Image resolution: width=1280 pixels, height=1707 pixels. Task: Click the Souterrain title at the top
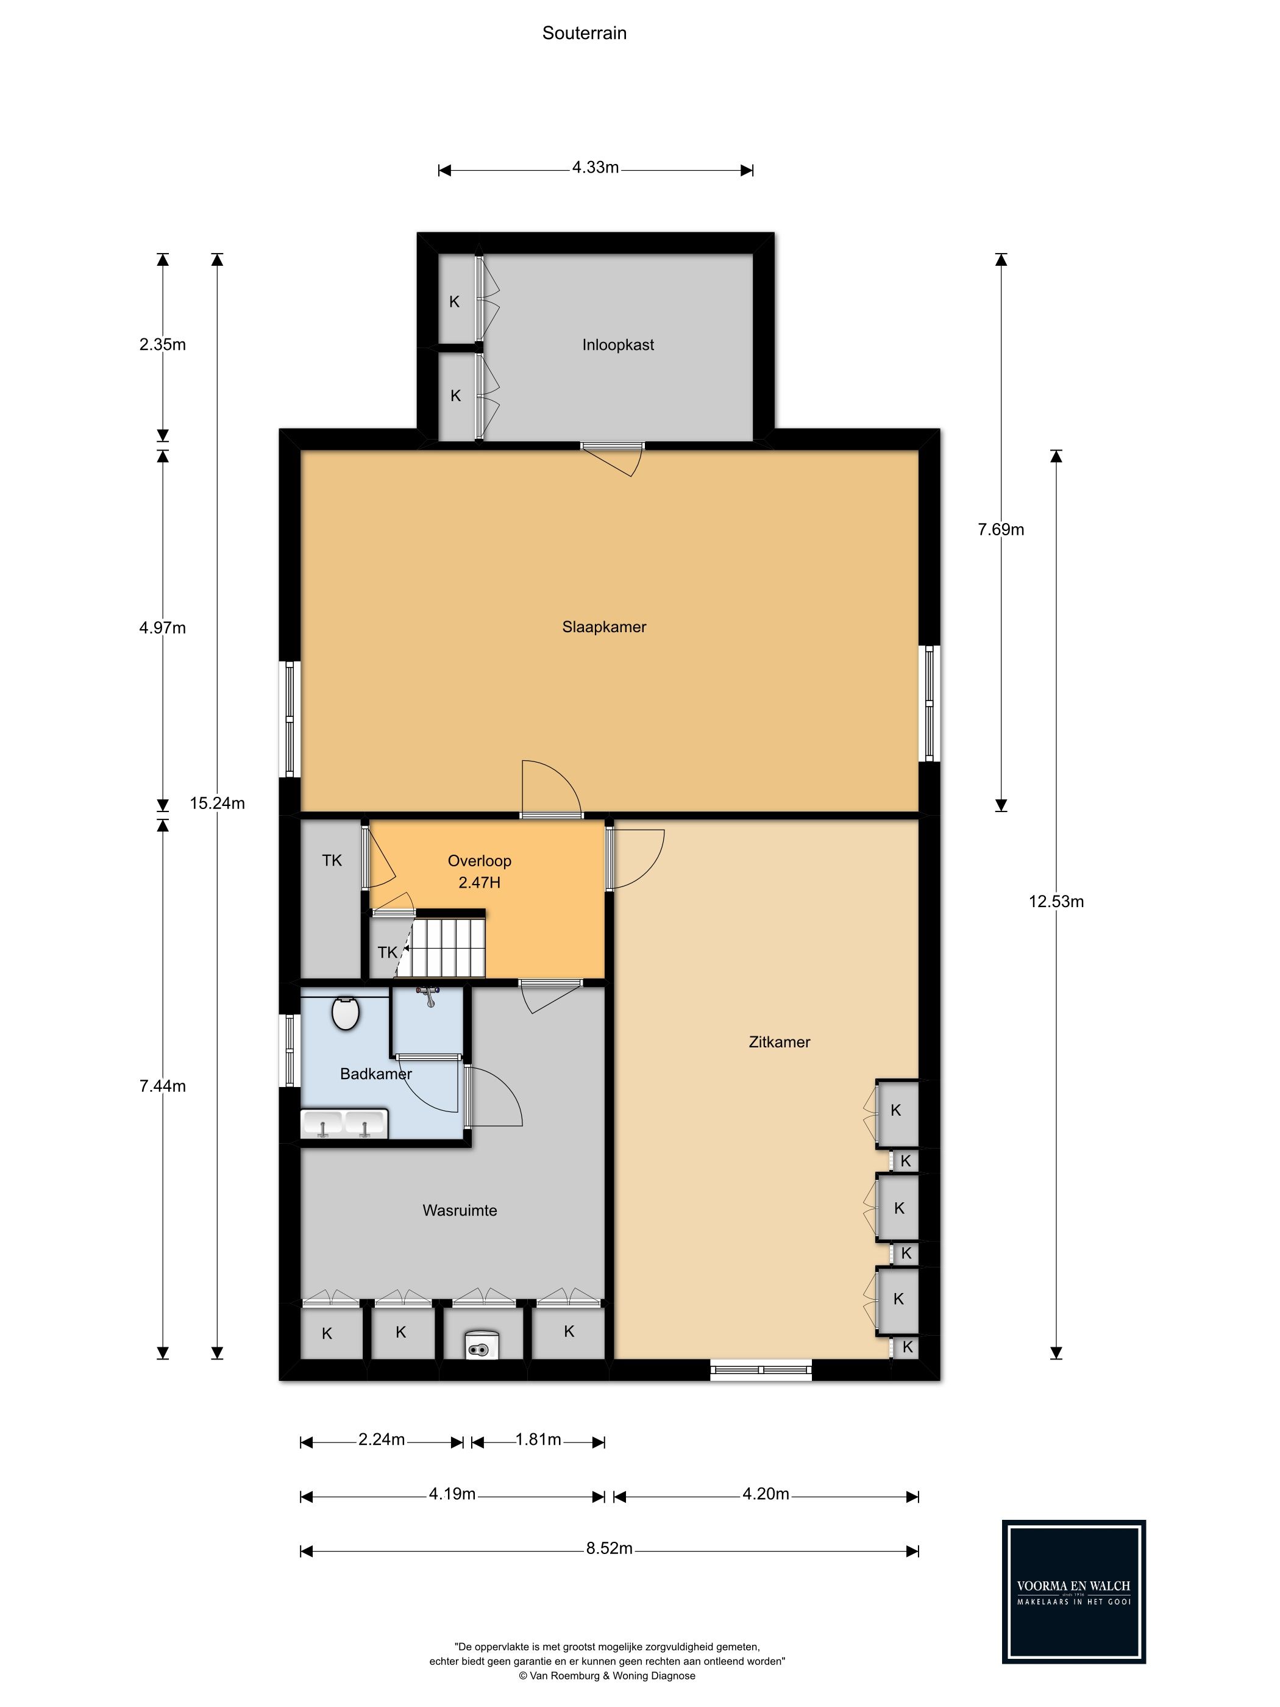(584, 33)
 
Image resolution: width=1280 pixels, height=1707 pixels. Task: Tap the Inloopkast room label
(618, 345)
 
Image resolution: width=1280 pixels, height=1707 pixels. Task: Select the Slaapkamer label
(604, 627)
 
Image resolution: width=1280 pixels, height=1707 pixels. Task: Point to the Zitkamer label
(779, 1042)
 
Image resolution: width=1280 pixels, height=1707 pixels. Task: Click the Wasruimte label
(460, 1210)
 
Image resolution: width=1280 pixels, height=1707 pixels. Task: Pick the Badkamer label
(375, 1074)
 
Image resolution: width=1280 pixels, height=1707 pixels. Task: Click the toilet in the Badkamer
(345, 1013)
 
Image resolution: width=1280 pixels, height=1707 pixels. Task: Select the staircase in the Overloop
(447, 947)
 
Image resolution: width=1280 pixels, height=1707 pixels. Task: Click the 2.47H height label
(479, 882)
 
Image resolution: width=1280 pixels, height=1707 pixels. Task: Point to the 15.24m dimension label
(218, 804)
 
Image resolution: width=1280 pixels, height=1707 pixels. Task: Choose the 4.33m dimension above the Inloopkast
(596, 168)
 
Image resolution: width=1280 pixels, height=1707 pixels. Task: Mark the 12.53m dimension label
(1056, 901)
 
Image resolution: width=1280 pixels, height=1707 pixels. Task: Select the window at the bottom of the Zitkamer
(761, 1370)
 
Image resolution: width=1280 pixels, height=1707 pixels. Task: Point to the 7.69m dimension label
(1001, 529)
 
